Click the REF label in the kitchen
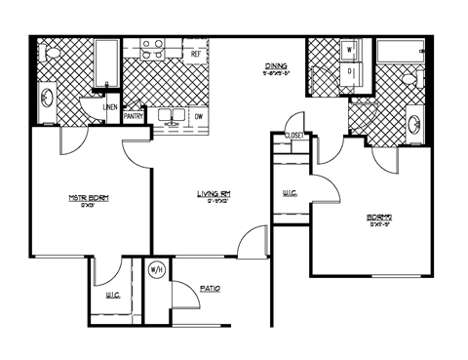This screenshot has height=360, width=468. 196,54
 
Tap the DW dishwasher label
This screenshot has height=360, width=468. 198,115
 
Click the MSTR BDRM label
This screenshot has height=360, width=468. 88,199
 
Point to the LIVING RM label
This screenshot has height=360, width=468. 213,195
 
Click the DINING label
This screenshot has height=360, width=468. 275,66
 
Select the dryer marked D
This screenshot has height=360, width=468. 349,70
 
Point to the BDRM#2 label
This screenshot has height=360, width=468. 378,218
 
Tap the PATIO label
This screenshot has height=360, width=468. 210,288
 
